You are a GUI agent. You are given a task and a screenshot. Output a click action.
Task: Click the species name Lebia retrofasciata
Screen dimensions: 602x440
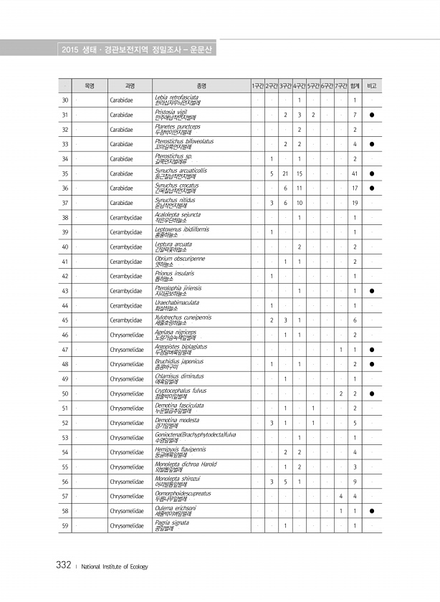177,96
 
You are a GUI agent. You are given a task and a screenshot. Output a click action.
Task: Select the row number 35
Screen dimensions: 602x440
65,173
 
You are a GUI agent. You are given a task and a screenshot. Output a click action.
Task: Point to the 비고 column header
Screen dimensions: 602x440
372,85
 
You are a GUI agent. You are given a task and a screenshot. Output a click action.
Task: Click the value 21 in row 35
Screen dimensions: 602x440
285,173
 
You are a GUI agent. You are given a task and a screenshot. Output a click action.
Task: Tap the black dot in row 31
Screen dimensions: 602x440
372,115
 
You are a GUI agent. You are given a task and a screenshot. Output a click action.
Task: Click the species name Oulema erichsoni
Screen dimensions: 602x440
176,507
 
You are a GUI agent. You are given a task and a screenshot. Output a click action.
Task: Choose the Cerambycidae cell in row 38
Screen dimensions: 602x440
123,217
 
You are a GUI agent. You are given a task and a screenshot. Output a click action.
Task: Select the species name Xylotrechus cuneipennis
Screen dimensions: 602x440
183,317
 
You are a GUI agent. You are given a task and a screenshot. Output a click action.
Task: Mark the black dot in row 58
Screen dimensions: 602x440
372,511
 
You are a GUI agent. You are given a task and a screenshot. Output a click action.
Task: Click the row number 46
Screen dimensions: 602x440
65,335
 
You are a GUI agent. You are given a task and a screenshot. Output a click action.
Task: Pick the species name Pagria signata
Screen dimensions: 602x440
172,522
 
